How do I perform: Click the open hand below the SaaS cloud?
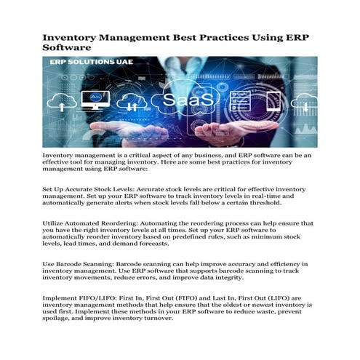click(x=182, y=135)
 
